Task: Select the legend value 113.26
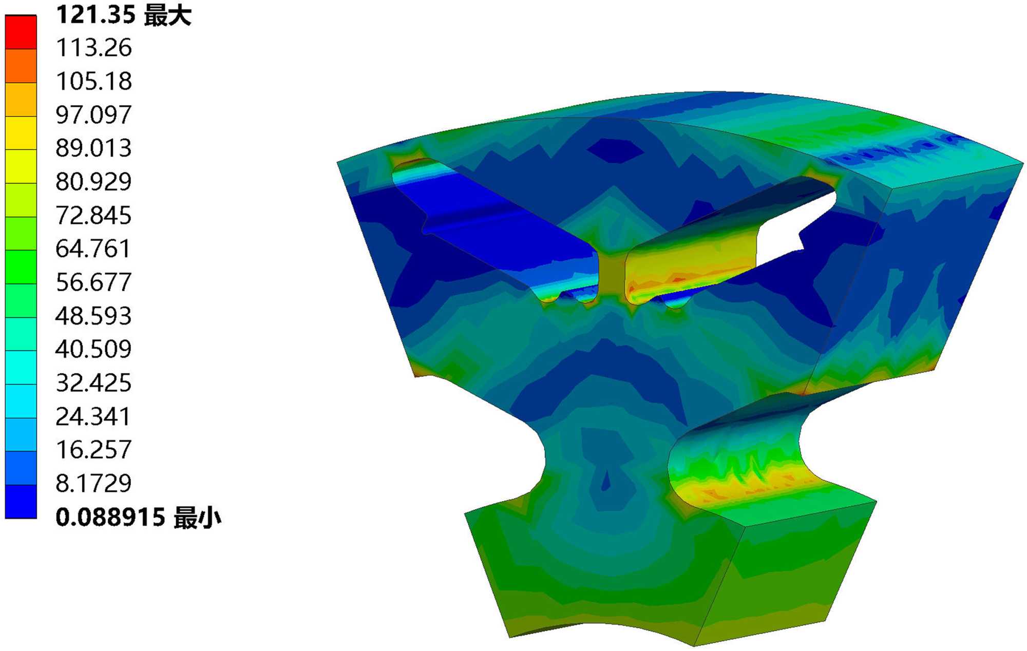tap(94, 48)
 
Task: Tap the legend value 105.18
tap(94, 81)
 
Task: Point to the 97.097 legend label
tap(94, 114)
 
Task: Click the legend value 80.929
tap(94, 182)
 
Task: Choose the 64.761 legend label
tap(94, 248)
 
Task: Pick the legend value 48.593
tap(94, 316)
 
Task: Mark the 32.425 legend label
tap(94, 383)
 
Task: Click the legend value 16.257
tap(94, 450)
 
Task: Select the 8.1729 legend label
tap(94, 483)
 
